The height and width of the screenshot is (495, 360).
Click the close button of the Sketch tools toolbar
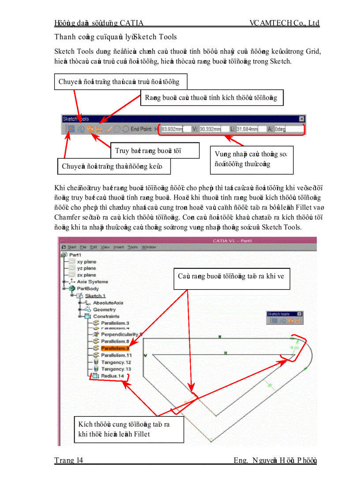(x=301, y=119)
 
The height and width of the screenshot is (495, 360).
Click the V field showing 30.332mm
(x=210, y=129)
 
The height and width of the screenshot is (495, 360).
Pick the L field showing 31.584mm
(x=247, y=129)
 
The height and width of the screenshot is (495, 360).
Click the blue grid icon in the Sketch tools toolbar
(x=71, y=129)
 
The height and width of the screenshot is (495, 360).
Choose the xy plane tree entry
(x=86, y=261)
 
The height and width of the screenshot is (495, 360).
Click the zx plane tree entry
(x=86, y=275)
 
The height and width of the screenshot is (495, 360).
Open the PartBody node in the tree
(x=87, y=288)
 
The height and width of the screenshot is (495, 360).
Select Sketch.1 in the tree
(x=95, y=296)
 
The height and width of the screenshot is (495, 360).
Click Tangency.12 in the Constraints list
(x=116, y=362)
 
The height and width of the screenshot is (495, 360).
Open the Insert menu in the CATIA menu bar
(x=119, y=247)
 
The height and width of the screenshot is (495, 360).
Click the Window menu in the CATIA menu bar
(x=149, y=247)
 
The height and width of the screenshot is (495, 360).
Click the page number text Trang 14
(x=69, y=461)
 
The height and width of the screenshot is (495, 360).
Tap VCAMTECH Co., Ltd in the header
(x=284, y=23)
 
